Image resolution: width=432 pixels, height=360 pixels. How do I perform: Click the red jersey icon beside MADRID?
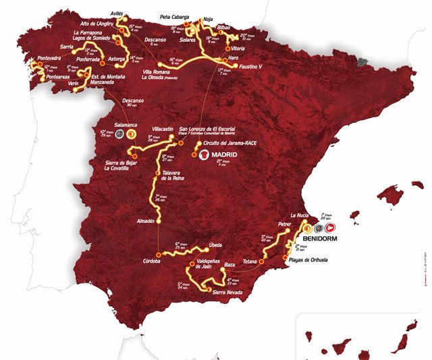[x=205, y=155]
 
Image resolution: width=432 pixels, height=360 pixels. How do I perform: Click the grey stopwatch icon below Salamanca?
[x=112, y=134]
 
